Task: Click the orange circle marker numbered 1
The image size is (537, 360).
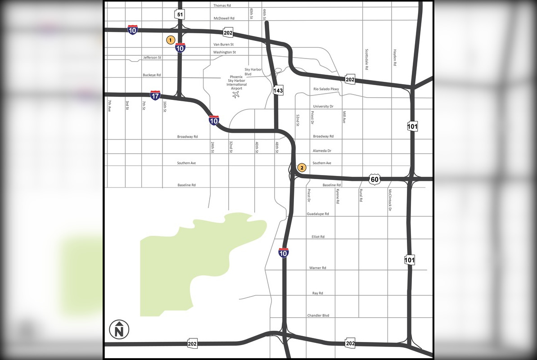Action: (x=171, y=40)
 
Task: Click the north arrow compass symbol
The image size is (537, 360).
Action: (x=119, y=330)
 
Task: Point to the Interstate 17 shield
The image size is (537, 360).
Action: (x=155, y=95)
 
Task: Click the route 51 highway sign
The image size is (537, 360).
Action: (x=180, y=15)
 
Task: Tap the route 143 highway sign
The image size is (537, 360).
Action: (x=278, y=91)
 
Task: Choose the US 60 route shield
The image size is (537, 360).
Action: (x=375, y=179)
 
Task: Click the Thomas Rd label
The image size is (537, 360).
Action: (x=222, y=5)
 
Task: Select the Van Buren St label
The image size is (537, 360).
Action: (x=223, y=45)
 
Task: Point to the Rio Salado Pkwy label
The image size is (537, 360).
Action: (x=326, y=89)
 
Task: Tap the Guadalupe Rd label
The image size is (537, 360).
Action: (x=318, y=214)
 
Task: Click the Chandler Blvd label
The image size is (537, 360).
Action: (x=318, y=315)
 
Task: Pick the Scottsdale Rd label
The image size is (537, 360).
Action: (x=367, y=59)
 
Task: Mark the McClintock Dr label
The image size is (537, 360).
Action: (x=390, y=200)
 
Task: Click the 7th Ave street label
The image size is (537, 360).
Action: (x=109, y=106)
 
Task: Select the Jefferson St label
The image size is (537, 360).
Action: (x=152, y=58)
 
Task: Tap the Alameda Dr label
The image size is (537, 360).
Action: (x=322, y=151)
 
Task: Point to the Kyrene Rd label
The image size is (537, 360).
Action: (x=337, y=196)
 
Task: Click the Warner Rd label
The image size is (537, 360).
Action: (x=318, y=268)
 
